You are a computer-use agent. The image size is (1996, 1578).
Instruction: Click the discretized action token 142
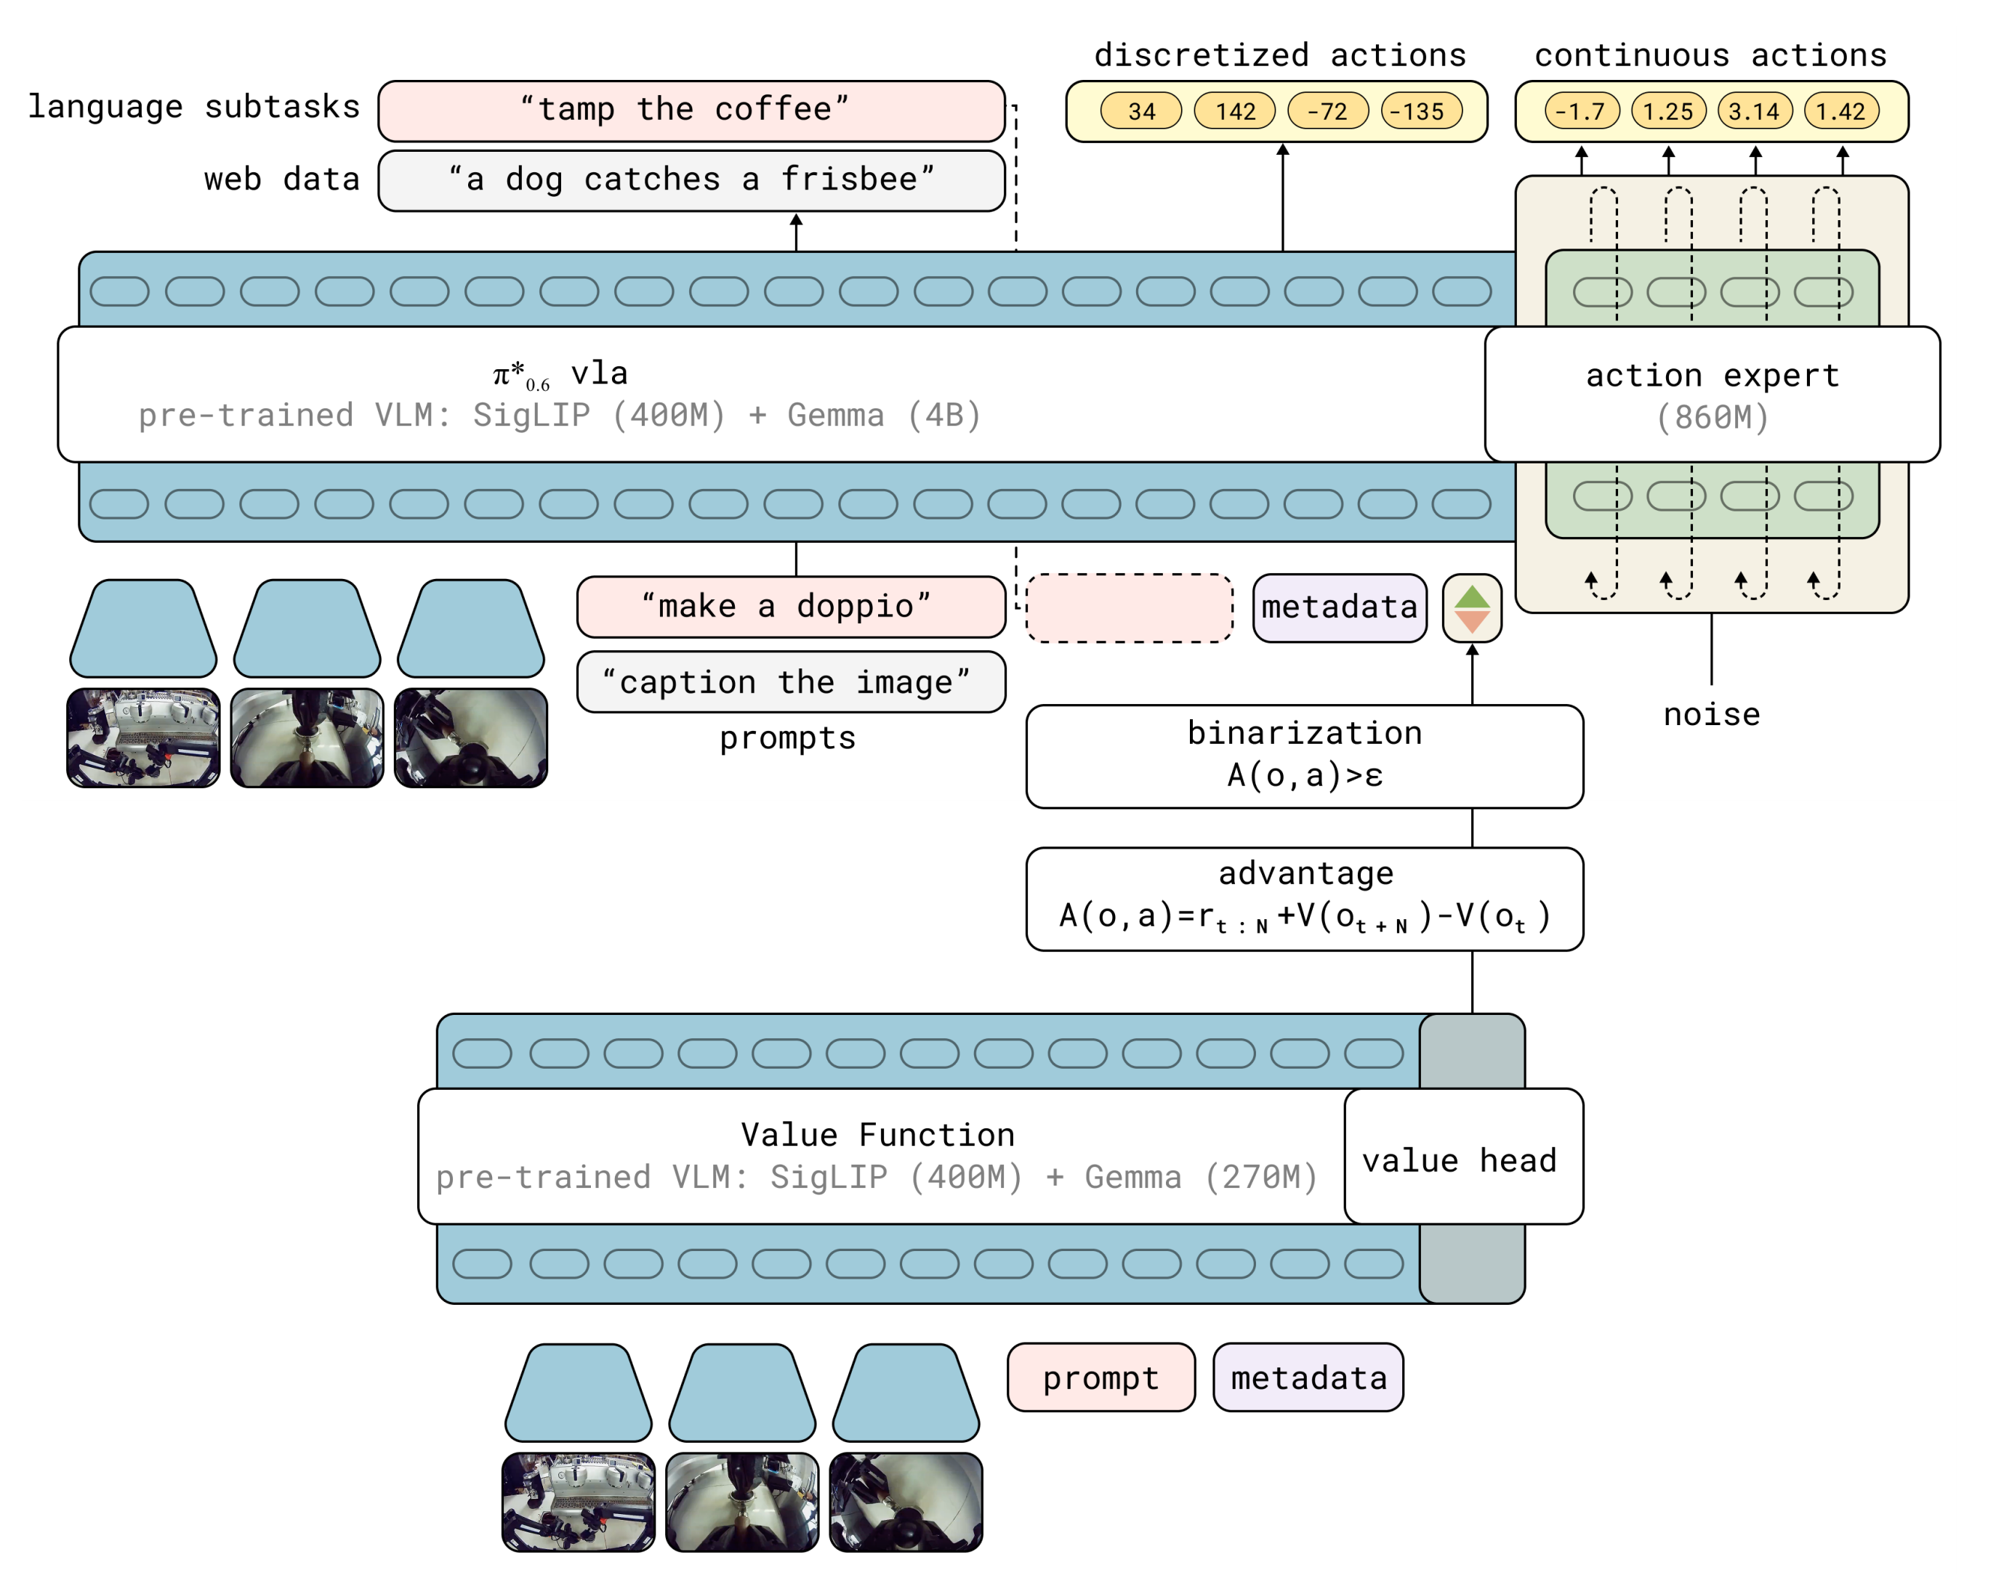(1234, 112)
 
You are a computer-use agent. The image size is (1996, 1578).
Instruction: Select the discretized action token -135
(1421, 112)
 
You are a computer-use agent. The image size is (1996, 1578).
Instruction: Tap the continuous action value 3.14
(1754, 112)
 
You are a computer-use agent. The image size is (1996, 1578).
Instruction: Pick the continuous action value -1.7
(1581, 112)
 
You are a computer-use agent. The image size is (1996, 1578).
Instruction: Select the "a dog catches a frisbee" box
(691, 181)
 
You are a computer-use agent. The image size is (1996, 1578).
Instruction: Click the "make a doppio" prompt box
(791, 607)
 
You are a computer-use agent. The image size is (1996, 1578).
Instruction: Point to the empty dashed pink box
(1130, 608)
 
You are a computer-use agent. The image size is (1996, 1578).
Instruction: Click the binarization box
(1304, 756)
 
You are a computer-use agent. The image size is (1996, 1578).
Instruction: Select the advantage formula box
(1304, 899)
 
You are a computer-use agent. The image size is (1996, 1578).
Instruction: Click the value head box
(1462, 1157)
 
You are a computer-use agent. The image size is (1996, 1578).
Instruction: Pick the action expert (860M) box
(1711, 394)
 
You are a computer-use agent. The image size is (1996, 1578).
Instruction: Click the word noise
(1711, 715)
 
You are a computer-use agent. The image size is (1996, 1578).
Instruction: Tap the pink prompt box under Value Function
(1100, 1377)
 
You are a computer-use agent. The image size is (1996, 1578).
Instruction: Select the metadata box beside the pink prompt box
(1308, 1377)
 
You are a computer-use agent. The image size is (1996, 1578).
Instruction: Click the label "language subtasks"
(194, 108)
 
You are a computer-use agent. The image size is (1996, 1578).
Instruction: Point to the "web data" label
(282, 179)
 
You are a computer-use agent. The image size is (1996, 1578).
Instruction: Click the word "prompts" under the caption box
(787, 738)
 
